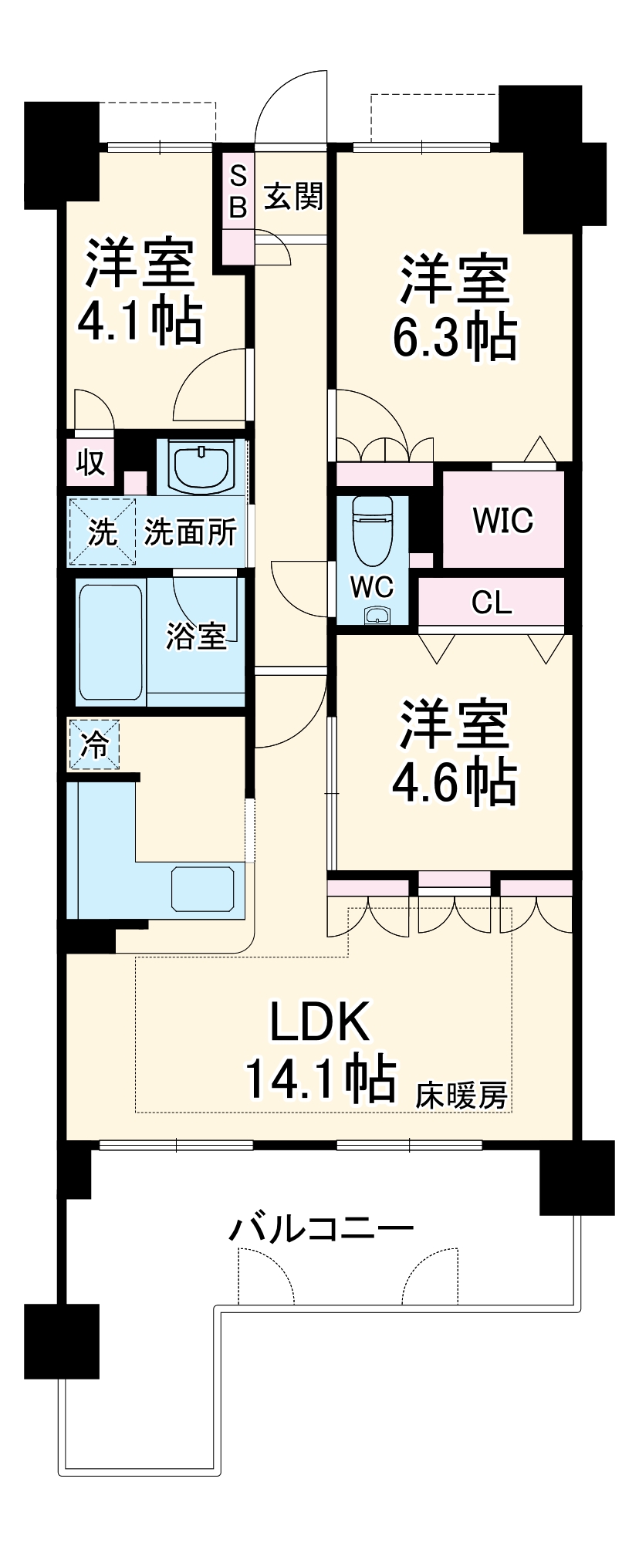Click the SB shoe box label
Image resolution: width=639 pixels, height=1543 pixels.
pos(238,191)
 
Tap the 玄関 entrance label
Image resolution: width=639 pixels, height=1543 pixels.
pos(293,198)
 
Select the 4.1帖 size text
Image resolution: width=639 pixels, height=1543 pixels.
pos(140,320)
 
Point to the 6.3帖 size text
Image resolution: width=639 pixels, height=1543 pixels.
pos(455,336)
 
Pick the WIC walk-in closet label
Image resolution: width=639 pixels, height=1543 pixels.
pos(503,521)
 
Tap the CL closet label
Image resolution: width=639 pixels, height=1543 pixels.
pos(492,603)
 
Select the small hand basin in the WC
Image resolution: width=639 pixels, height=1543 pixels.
pos(377,615)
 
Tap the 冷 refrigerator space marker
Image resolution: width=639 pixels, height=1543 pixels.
pos(95,745)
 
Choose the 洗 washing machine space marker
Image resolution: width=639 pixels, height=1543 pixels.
pos(103,532)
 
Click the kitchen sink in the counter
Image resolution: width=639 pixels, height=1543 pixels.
pos(203,889)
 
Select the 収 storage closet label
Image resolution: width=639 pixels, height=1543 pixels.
pos(90,463)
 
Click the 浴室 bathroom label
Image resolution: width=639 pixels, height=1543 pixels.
pos(197,636)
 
